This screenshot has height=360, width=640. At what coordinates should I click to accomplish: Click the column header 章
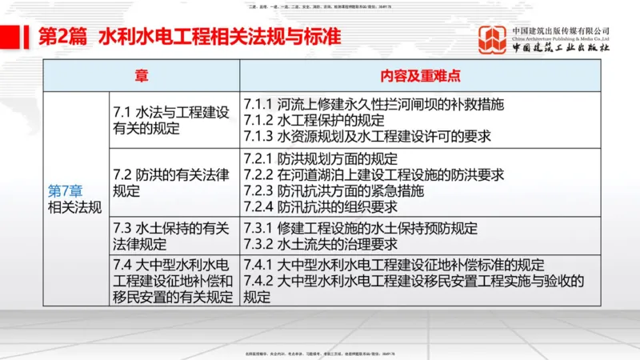tap(141, 76)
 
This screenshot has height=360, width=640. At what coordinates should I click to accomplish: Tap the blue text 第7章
tap(65, 192)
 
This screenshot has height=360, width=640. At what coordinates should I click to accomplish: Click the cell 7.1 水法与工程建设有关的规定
tap(171, 120)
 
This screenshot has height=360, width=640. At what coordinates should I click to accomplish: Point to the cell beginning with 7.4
tap(173, 281)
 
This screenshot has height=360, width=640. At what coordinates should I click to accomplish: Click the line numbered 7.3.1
tap(361, 229)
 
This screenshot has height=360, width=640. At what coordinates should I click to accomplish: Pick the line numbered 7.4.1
tap(394, 266)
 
